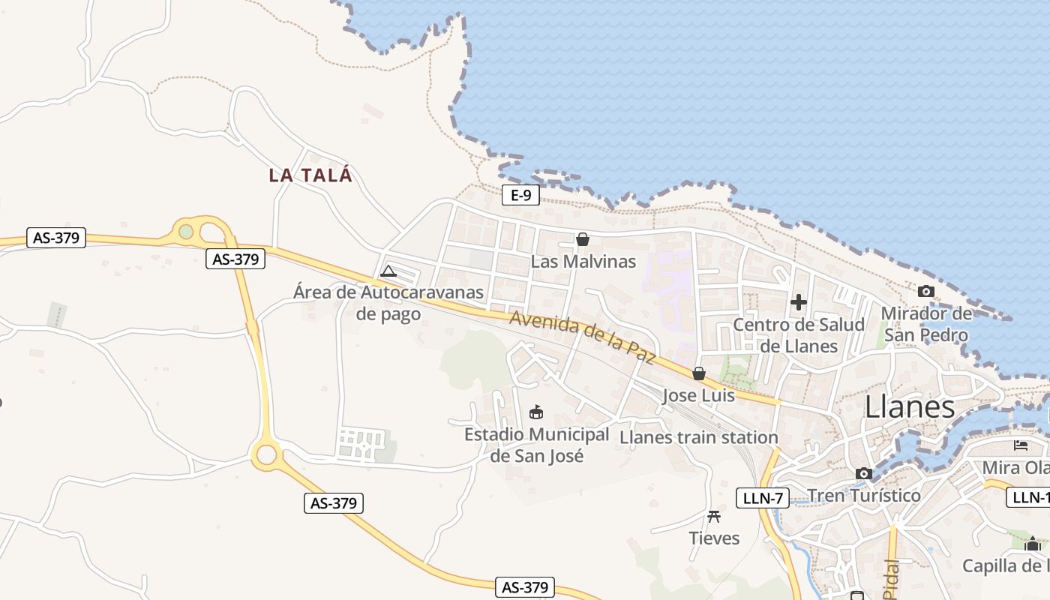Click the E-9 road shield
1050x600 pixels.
coord(521,196)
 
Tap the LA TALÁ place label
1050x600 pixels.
coord(310,175)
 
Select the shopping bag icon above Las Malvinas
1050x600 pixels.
coord(583,239)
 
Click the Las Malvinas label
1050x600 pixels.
coord(583,262)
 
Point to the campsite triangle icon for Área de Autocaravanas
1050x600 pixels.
coord(388,271)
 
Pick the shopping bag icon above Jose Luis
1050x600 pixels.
coord(699,373)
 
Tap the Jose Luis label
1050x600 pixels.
coord(699,395)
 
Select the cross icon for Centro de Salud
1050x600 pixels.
coord(799,302)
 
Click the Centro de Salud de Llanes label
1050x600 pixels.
coord(799,335)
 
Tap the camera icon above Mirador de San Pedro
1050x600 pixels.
coord(926,291)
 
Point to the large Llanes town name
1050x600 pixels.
coord(910,407)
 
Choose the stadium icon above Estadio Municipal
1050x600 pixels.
coord(536,412)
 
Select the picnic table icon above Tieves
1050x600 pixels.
coord(714,516)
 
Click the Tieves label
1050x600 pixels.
coord(714,538)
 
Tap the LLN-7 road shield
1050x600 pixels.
coord(762,497)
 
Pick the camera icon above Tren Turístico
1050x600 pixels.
coord(864,473)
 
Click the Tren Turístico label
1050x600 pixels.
coord(864,496)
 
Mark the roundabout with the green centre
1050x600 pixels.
coord(186,232)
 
